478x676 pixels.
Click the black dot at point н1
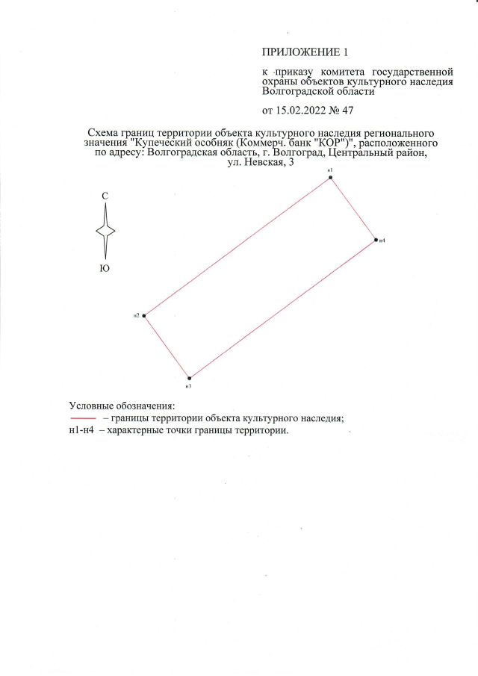pyautogui.click(x=331, y=177)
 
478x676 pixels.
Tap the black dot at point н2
pyautogui.click(x=144, y=315)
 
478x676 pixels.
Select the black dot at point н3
pyautogui.click(x=189, y=378)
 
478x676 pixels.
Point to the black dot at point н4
pyautogui.click(x=376, y=240)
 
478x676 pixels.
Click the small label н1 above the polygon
pyautogui.click(x=330, y=170)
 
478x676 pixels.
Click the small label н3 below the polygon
pyautogui.click(x=188, y=386)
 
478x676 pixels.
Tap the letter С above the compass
pyautogui.click(x=105, y=196)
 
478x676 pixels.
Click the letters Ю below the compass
pyautogui.click(x=105, y=269)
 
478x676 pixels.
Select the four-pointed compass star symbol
pyautogui.click(x=105, y=231)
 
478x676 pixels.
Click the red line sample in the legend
pyautogui.click(x=83, y=418)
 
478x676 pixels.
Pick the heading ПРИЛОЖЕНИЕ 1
pyautogui.click(x=305, y=52)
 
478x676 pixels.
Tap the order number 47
pyautogui.click(x=347, y=111)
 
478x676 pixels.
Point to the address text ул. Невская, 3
pyautogui.click(x=261, y=163)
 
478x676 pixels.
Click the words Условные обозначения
pyautogui.click(x=122, y=406)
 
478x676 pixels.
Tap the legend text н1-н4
pyautogui.click(x=81, y=430)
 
